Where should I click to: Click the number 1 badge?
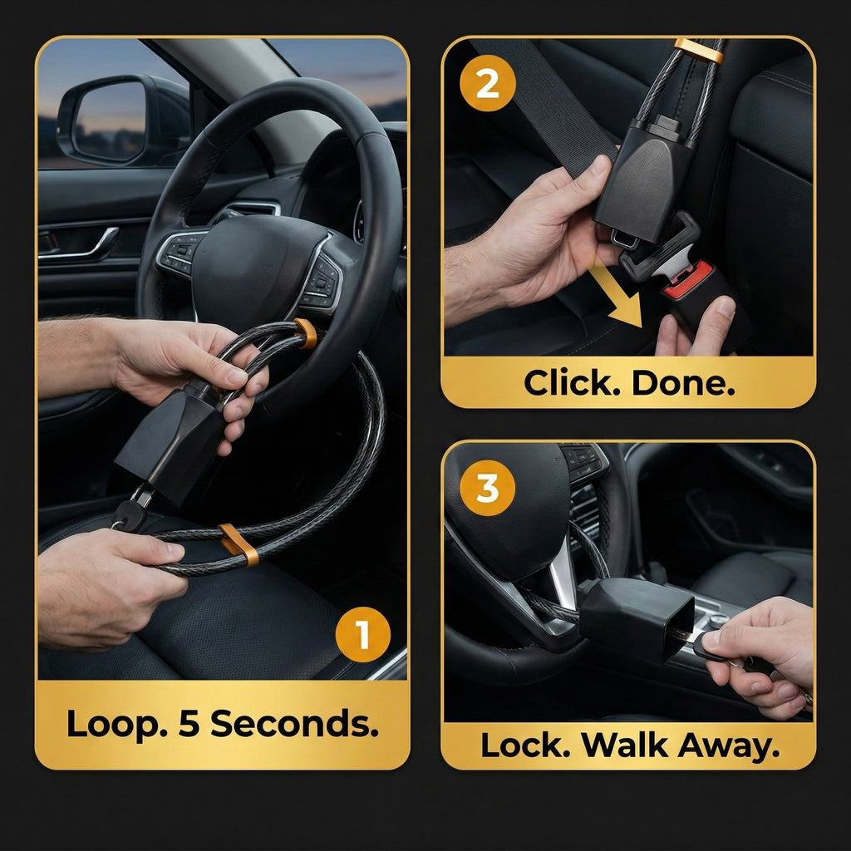(x=362, y=636)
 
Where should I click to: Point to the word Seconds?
(x=294, y=724)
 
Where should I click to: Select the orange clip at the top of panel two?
(x=698, y=50)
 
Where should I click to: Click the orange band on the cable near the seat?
(x=239, y=545)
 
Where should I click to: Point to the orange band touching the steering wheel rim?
(x=306, y=332)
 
